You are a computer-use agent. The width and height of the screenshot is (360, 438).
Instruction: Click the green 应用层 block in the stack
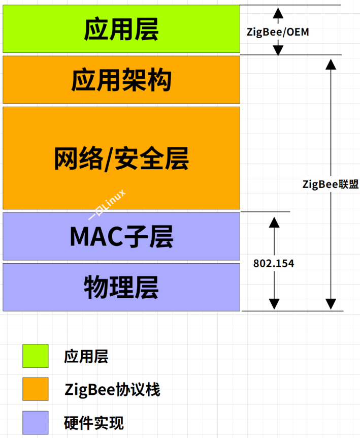[121, 29]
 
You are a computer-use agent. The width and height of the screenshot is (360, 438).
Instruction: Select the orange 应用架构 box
[121, 80]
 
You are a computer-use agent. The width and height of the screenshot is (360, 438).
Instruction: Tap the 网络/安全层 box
[121, 158]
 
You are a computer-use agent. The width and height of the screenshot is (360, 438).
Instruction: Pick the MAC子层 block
[121, 236]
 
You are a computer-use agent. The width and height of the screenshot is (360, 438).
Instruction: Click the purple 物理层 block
[121, 287]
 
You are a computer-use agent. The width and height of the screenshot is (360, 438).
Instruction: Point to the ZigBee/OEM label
[278, 32]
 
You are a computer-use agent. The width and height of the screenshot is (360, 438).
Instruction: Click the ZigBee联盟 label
[331, 184]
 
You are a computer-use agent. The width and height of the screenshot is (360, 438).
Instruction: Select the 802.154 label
[274, 263]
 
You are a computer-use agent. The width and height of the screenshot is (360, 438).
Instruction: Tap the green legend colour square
[36, 356]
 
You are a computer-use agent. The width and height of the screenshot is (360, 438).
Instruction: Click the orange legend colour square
[36, 389]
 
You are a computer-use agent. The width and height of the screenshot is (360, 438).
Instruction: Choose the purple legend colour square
[36, 423]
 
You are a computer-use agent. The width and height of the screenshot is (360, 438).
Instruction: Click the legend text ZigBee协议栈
[112, 390]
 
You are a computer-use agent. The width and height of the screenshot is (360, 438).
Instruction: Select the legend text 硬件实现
[94, 423]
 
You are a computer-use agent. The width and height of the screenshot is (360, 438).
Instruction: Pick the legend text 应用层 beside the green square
[86, 356]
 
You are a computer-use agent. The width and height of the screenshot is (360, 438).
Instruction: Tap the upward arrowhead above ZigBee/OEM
[278, 13]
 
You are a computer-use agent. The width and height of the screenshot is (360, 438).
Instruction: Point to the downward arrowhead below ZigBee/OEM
[278, 50]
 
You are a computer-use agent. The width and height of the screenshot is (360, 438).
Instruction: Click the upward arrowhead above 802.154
[274, 223]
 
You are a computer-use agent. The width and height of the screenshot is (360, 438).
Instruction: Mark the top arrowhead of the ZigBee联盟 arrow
[331, 65]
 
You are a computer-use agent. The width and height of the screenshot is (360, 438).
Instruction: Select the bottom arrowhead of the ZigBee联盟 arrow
[331, 304]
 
